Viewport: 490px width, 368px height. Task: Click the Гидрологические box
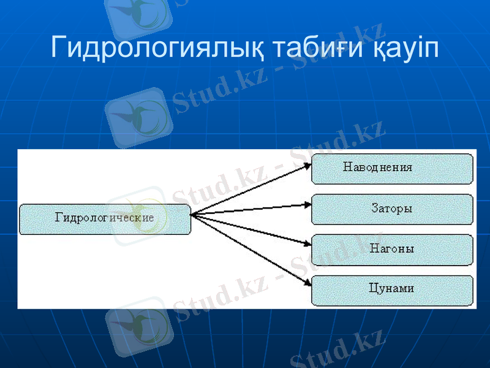105,219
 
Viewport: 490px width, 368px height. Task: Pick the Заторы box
392,209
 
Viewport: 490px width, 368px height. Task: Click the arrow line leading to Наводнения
251,191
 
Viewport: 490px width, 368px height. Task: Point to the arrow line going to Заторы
251,210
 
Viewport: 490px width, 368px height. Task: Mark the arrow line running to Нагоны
251,230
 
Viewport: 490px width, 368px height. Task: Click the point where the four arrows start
192,215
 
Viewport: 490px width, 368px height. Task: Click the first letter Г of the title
59,47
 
